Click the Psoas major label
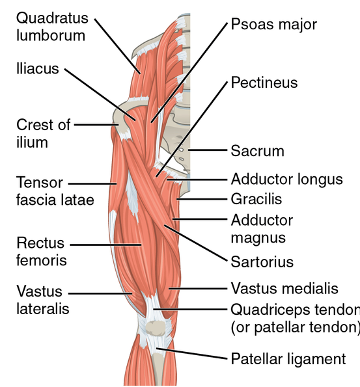274,25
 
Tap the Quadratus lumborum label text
52,27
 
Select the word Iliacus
38,68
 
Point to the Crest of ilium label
43,133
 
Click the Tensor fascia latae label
55,191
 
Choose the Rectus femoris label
42,252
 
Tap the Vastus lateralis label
43,300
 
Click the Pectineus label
264,83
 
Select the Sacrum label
257,151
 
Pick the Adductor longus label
287,180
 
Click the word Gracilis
256,199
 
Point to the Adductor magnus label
262,229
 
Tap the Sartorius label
262,262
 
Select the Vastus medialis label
284,288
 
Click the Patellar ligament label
288,359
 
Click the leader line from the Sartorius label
195,243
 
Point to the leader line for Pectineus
191,129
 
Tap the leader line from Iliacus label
100,94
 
